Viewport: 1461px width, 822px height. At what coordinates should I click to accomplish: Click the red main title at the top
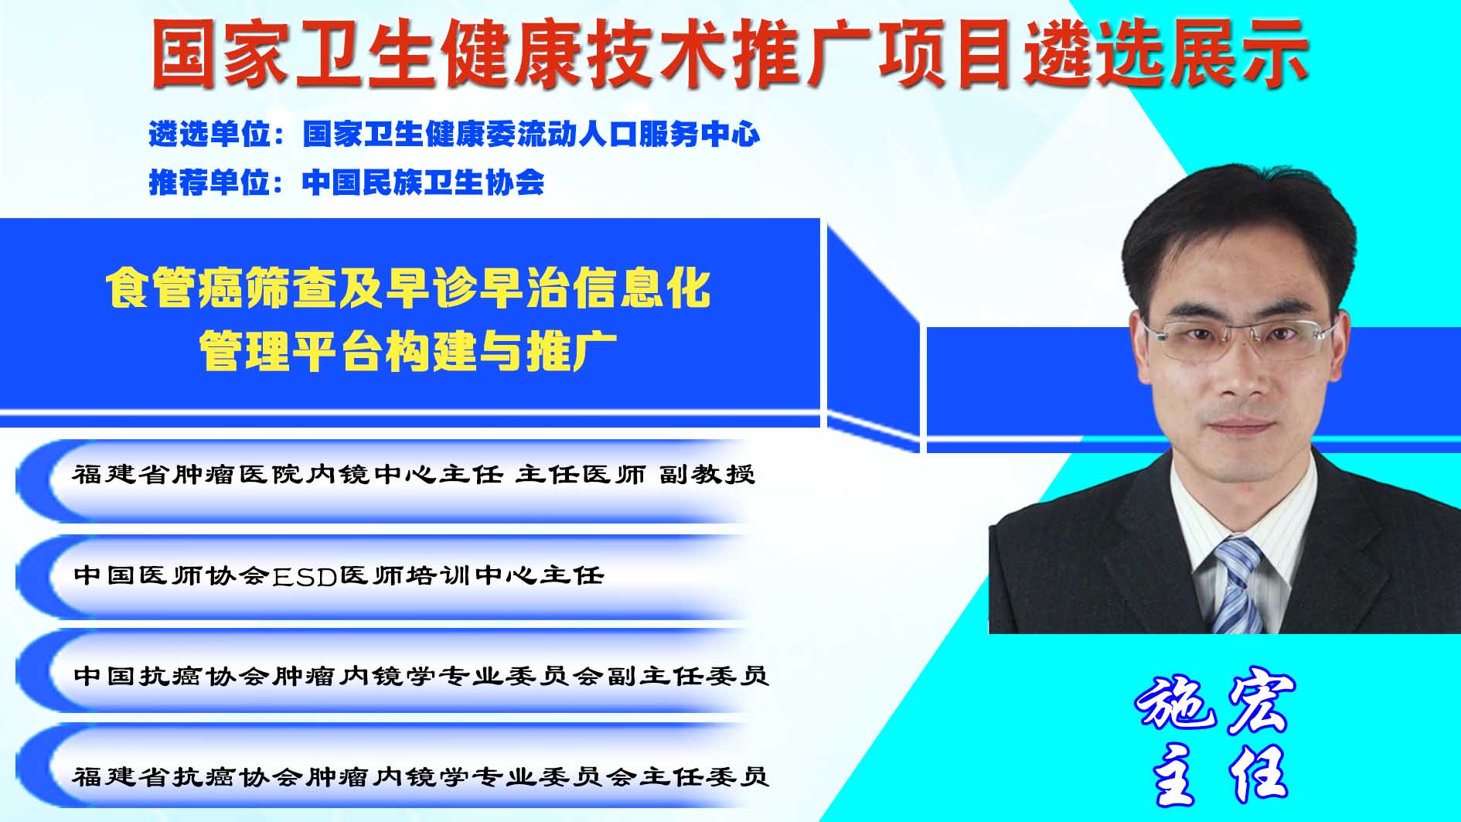tap(730, 53)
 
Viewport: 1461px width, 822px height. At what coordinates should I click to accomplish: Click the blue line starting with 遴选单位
tap(455, 135)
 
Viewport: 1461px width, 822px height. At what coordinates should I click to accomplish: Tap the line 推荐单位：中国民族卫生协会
tap(346, 182)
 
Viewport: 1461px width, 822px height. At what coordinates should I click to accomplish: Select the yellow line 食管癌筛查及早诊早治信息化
tap(408, 288)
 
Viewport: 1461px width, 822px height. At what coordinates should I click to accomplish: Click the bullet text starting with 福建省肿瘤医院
tap(414, 473)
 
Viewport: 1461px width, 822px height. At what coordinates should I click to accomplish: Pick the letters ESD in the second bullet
tap(305, 576)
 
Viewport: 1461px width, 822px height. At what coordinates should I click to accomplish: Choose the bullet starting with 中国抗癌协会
tap(421, 676)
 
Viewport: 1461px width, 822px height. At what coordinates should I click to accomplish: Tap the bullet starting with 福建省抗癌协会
tap(421, 776)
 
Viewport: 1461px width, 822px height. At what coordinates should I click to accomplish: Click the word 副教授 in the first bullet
tap(707, 473)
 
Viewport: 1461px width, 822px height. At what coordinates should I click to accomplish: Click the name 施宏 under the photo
tap(1216, 704)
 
